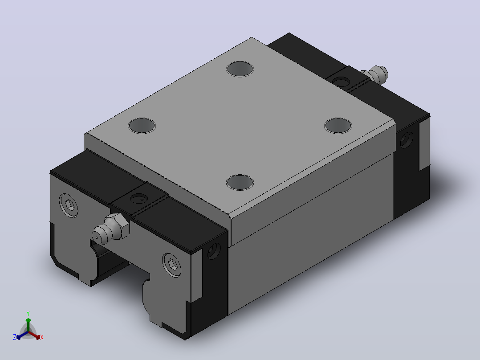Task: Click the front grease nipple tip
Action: click(x=97, y=237)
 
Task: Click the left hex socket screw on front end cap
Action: click(x=69, y=205)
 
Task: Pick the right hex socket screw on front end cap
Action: click(x=172, y=265)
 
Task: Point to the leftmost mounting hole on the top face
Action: click(x=142, y=125)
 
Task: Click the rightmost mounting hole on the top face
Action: click(x=338, y=125)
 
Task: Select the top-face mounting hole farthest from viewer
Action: click(x=240, y=69)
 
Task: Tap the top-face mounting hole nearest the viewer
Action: click(x=240, y=182)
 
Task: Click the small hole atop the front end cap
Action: click(x=138, y=199)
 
